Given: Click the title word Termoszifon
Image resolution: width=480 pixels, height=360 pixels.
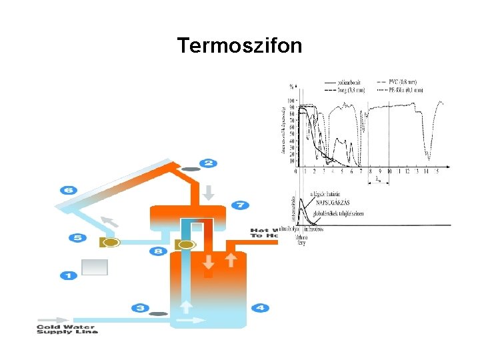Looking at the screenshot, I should [x=239, y=45].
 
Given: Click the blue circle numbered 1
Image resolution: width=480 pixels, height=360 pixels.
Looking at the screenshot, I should [x=68, y=275].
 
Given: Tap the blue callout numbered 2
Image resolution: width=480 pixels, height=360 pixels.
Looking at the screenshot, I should [x=208, y=163].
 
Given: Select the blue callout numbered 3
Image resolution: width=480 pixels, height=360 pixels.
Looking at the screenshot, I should [x=140, y=307].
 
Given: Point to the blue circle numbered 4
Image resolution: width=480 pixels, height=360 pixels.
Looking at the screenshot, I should [x=260, y=307].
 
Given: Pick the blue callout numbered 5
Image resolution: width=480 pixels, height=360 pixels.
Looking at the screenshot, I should [x=77, y=237].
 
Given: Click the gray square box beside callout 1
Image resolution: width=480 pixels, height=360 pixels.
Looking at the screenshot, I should [x=94, y=267].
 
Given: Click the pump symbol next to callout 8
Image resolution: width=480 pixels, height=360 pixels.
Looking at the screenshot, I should [x=185, y=245].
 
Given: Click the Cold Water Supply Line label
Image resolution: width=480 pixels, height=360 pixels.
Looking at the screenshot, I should [x=67, y=329].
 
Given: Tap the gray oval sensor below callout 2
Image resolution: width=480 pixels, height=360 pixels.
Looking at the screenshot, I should [x=191, y=169].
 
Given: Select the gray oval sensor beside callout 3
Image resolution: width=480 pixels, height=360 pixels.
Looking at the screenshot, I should [x=158, y=313].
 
